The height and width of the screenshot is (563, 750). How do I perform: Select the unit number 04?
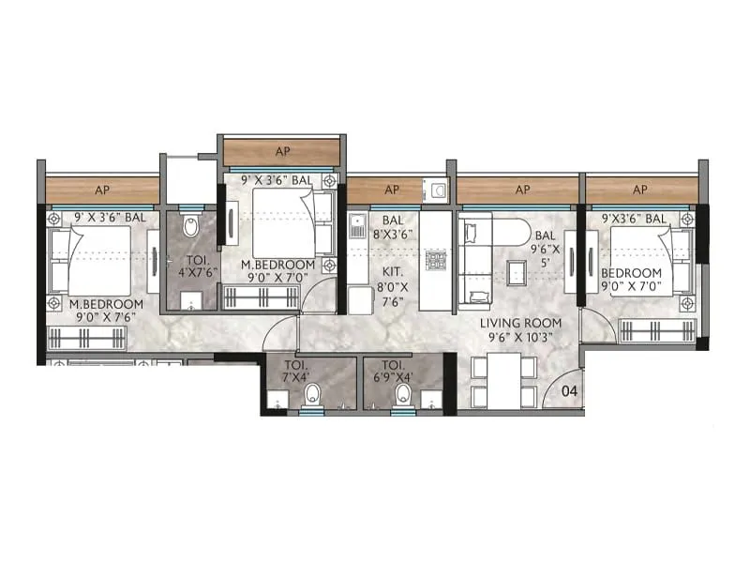[x=567, y=391]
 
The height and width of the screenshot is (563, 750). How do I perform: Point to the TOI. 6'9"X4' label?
[x=391, y=370]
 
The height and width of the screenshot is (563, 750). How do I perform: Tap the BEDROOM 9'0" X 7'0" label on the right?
[x=631, y=280]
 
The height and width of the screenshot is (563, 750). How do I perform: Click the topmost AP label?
[x=281, y=151]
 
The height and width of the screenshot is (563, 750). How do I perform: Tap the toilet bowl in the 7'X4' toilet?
[x=313, y=394]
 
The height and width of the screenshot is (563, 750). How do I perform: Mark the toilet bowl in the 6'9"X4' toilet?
[x=404, y=392]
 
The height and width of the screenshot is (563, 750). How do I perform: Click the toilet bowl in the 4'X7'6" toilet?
[x=190, y=226]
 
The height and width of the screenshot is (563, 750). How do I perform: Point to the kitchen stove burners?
[x=436, y=260]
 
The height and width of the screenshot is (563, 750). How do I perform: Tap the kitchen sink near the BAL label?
[x=357, y=228]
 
